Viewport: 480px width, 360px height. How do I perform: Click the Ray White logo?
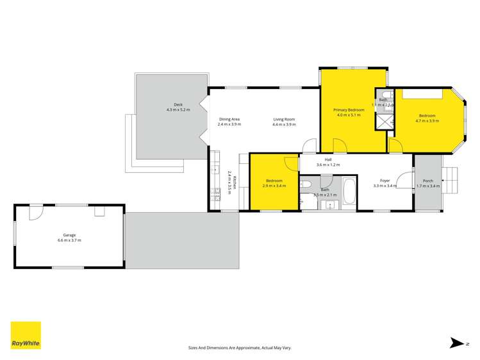tap(26, 336)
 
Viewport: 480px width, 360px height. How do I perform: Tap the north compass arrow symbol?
tap(458, 344)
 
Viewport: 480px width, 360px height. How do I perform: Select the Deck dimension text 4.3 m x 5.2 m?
tap(178, 110)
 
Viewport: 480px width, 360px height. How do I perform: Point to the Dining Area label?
tap(229, 119)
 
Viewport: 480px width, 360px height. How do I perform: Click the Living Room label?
tap(284, 119)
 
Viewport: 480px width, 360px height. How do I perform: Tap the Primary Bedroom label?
tap(349, 110)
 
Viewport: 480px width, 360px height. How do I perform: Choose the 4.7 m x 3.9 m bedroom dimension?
tap(427, 120)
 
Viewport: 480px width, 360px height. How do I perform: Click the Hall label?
tap(328, 160)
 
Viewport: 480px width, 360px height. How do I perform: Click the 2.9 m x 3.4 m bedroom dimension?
tap(274, 186)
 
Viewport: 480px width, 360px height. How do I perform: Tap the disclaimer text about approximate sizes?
tap(240, 347)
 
